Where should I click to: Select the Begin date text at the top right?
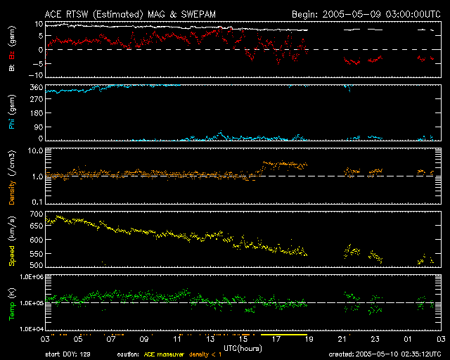[x=366, y=14]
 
